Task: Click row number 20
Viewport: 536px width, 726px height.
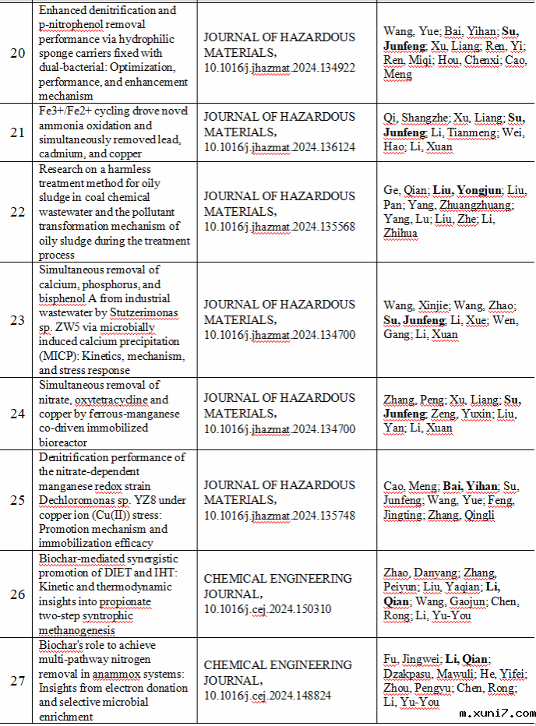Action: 17,53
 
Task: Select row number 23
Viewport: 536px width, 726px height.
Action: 17,320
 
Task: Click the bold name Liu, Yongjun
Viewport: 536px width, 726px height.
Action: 465,190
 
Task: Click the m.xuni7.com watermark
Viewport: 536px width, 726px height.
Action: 497,714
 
